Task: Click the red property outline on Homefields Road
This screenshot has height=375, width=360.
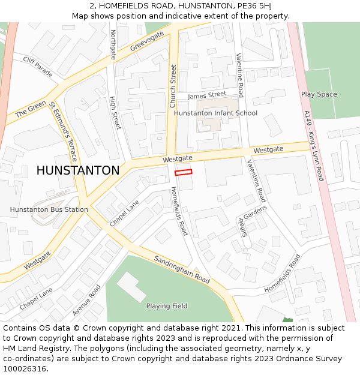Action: (x=183, y=172)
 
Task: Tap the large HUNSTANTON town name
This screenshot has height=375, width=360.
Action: (x=78, y=170)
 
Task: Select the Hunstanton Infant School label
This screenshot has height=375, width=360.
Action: (x=215, y=113)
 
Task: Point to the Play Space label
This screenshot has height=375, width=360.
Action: (x=319, y=94)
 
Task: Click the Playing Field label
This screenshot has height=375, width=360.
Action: (x=167, y=306)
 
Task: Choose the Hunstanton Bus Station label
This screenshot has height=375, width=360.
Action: (x=49, y=209)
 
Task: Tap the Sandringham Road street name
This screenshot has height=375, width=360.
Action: (x=182, y=270)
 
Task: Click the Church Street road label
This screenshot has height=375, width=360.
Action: (x=173, y=86)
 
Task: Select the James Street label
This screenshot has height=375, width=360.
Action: (x=206, y=95)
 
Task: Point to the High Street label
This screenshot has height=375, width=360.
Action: (x=115, y=113)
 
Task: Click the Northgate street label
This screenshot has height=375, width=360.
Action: (x=113, y=45)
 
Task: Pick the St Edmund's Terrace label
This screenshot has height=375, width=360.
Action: (x=63, y=132)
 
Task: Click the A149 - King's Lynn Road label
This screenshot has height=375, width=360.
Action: (x=313, y=145)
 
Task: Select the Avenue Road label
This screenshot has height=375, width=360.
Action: (x=86, y=300)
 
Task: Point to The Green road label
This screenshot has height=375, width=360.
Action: (x=31, y=109)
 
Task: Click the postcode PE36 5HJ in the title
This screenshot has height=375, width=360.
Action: (x=253, y=5)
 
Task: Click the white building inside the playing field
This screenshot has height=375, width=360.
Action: (x=131, y=286)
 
